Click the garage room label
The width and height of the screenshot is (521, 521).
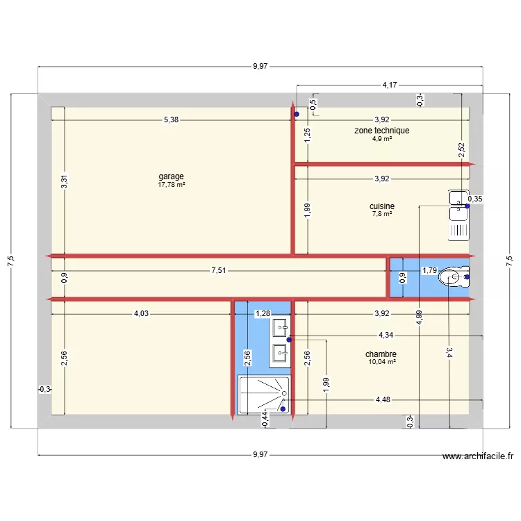click(171, 176)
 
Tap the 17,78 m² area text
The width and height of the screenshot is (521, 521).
click(171, 185)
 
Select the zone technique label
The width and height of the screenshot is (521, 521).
click(381, 131)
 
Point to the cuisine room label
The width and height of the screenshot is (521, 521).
click(382, 206)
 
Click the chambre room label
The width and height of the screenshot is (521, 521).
click(381, 354)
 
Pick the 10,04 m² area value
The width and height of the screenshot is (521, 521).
click(381, 362)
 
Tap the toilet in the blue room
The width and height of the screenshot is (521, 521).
click(453, 277)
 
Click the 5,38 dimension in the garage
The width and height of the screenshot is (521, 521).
click(171, 119)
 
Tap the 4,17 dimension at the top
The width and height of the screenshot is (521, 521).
click(390, 85)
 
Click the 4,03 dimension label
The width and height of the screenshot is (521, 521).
click(140, 313)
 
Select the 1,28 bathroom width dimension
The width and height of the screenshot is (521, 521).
click(262, 313)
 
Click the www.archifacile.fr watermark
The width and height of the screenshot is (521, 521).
click(478, 456)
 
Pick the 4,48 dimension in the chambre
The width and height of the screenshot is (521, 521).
click(383, 399)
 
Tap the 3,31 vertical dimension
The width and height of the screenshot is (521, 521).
click(64, 181)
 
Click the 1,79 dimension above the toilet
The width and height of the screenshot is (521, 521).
click(429, 270)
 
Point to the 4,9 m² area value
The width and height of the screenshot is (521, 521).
click(381, 139)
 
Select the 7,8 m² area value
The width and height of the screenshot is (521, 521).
click(382, 214)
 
